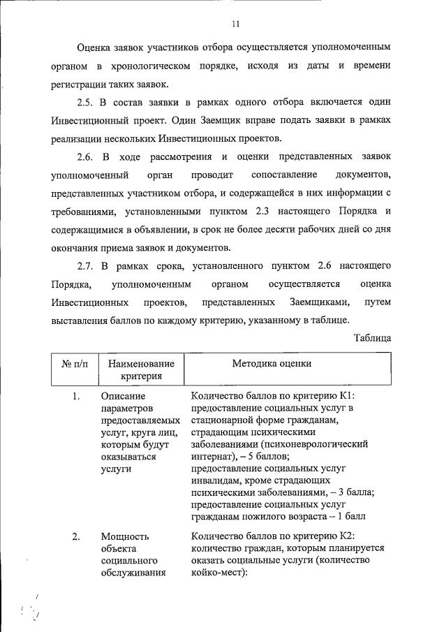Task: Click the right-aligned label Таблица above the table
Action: pos(371,338)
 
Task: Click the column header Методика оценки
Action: pos(272,363)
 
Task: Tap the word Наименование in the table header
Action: pos(137,364)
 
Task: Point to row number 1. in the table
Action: pos(77,397)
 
